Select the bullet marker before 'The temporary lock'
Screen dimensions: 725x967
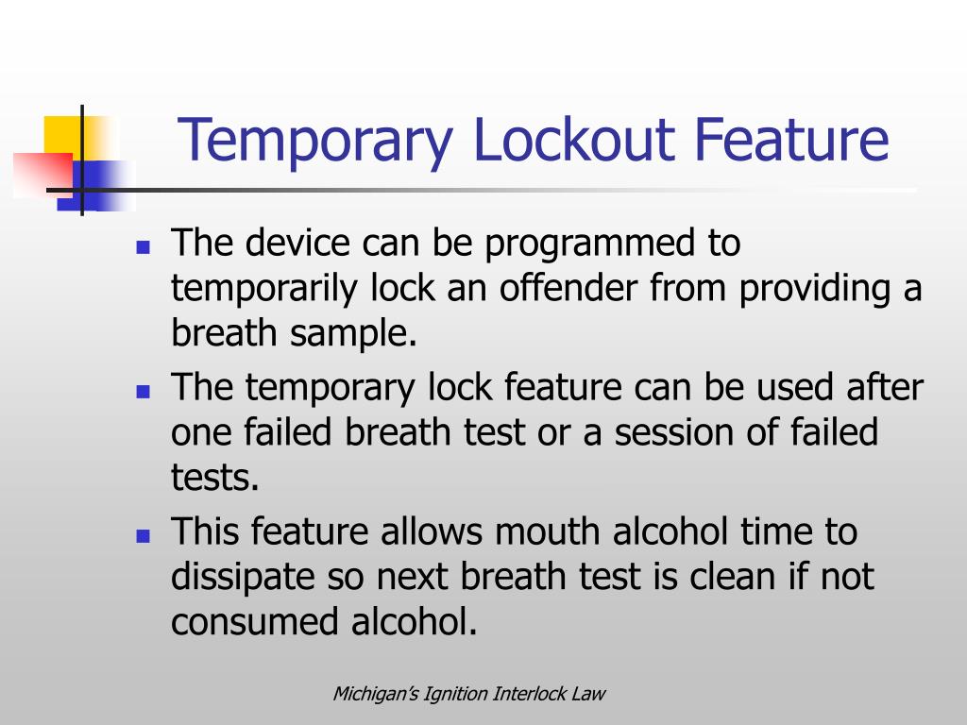click(144, 390)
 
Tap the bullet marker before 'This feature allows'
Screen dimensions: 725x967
click(144, 535)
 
